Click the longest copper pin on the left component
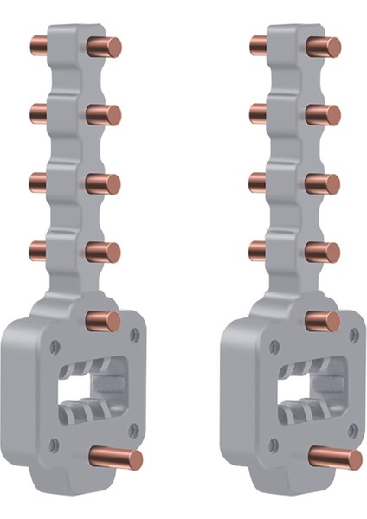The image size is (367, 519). click(116, 456)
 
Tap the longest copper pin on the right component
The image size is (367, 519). click(336, 456)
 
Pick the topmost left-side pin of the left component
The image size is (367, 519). click(40, 43)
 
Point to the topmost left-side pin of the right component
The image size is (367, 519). click(259, 43)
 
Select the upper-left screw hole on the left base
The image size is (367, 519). click(55, 346)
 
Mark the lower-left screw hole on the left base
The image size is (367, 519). click(53, 445)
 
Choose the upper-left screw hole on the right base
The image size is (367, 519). click(274, 346)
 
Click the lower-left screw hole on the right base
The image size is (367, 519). click(273, 445)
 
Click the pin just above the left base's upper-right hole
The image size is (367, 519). click(104, 321)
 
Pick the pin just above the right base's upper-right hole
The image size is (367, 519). click(324, 321)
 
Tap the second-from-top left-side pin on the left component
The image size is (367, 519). click(40, 112)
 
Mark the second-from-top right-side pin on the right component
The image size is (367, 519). click(324, 114)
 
